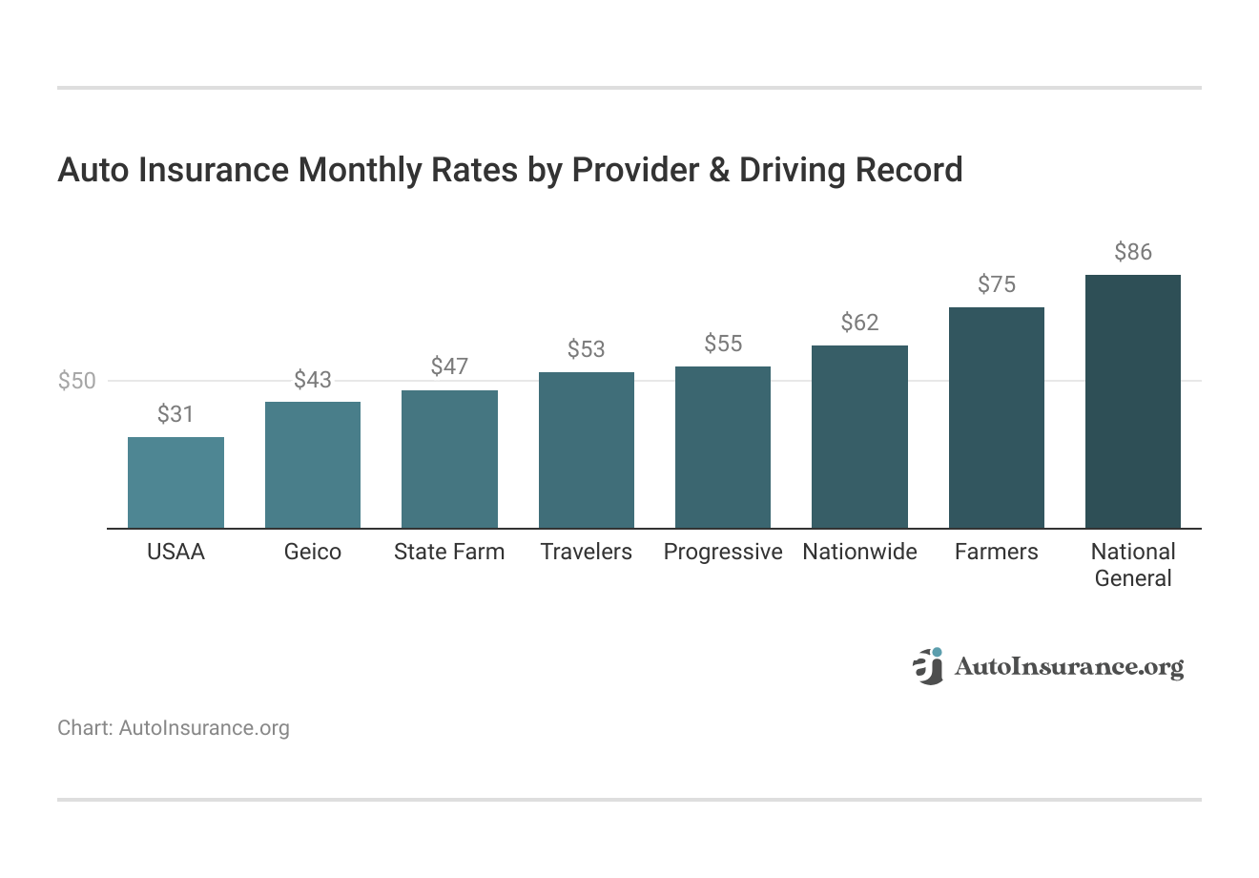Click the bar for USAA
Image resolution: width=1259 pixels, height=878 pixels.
pos(175,482)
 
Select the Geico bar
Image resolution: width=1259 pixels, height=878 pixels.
pos(313,465)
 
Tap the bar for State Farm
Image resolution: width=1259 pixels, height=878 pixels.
pos(449,459)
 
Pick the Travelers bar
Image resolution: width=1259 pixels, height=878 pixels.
pos(586,449)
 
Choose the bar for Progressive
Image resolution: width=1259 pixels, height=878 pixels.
pos(723,447)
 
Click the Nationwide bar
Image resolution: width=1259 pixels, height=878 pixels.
pos(859,436)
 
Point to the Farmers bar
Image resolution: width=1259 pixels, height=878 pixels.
pos(997,417)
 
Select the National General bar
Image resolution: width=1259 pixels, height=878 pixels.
pos(1133,401)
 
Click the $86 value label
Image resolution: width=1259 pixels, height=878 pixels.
pos(1133,252)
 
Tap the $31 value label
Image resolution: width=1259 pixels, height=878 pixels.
pos(175,414)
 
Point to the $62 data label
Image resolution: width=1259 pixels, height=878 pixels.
pos(859,323)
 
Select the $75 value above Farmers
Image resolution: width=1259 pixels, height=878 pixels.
pos(997,284)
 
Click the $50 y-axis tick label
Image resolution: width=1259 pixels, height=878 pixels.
pos(77,381)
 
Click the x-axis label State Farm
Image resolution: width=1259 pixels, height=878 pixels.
pos(449,552)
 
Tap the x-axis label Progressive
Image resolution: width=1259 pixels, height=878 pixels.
pos(723,552)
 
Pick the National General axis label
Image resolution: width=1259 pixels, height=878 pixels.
pos(1133,565)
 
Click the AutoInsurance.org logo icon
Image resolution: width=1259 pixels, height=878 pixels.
pos(927,666)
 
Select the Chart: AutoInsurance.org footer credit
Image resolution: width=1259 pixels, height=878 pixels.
pos(174,728)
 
